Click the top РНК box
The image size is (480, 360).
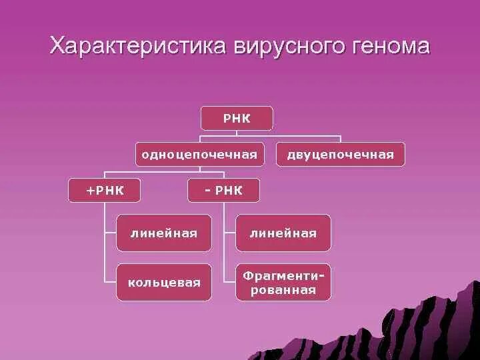click(x=237, y=118)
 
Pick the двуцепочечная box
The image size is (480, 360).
click(x=340, y=154)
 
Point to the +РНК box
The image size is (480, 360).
click(x=105, y=191)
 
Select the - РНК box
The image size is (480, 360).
click(x=223, y=191)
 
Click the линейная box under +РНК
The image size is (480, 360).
click(x=163, y=233)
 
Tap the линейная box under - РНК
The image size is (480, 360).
click(x=283, y=233)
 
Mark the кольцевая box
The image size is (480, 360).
click(x=163, y=282)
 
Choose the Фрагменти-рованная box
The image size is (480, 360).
click(x=283, y=282)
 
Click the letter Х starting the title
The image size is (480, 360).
click(x=59, y=47)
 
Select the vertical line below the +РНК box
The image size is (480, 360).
click(x=105, y=240)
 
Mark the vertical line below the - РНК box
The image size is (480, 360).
click(x=224, y=240)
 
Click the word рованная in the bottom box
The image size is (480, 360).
click(x=283, y=290)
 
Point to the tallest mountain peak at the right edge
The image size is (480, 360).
click(x=469, y=280)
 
